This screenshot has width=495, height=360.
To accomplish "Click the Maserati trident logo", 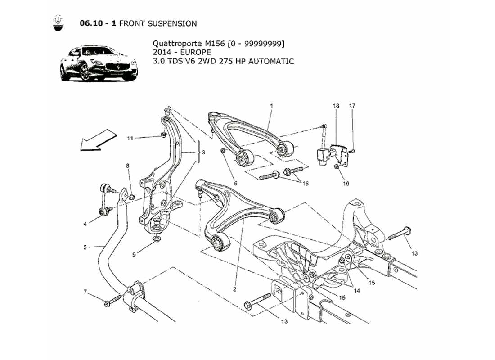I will point(58,24).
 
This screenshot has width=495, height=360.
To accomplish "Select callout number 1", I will point(272,105).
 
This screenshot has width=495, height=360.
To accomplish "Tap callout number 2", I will point(235,289).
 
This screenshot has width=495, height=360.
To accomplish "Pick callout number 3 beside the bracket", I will point(203,153).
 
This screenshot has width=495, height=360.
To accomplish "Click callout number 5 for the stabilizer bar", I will point(85,247).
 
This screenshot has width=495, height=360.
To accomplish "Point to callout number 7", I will point(85,292).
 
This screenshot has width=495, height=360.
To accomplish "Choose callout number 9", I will point(134,255).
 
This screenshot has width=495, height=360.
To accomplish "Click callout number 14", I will point(357,290).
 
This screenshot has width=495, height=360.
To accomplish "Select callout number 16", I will point(306,184).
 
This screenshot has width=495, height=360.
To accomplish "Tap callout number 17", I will point(352,105).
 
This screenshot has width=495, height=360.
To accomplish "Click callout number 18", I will point(336,105).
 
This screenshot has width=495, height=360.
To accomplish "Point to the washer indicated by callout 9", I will point(156,238).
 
